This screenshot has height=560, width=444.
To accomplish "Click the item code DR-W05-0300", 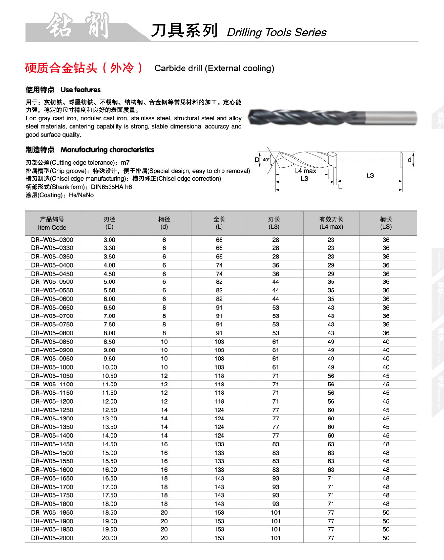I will point(52,240).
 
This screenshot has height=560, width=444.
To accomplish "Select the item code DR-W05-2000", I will point(52,538).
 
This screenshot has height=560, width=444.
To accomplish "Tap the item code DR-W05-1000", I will point(52,367).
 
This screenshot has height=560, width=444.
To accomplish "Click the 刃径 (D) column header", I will point(110,223).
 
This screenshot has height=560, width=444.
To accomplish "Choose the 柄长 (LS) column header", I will point(386,223).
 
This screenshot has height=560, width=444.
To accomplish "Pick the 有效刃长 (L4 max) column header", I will point(331,223).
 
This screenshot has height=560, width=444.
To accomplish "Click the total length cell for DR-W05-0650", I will point(219,308).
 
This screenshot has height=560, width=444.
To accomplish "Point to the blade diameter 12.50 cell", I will point(110,410).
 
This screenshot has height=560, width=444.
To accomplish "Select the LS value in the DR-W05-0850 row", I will point(386,342).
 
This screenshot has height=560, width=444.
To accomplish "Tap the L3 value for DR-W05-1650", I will point(275,478).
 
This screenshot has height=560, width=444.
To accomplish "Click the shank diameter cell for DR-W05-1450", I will point(164,444).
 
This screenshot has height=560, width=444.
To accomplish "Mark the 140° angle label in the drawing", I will point(265,160).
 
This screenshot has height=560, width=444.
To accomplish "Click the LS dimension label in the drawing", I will point(370,175).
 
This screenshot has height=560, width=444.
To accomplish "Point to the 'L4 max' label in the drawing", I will point(305,171).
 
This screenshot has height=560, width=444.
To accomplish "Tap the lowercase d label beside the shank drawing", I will point(410,160).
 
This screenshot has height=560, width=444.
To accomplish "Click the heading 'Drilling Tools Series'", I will point(276,33).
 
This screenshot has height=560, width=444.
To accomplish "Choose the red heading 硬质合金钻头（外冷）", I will point(84,68).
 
